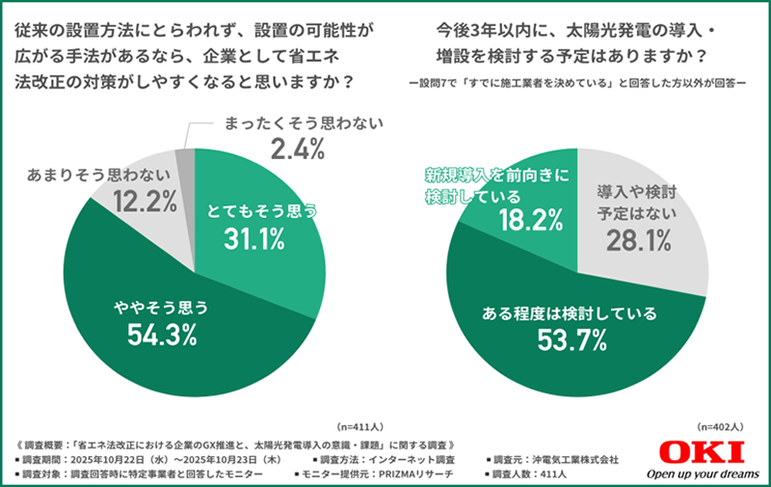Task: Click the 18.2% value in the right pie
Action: point(530,221)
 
